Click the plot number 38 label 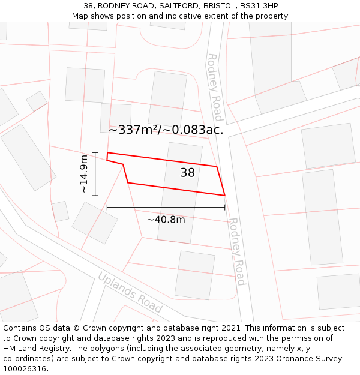click(187, 173)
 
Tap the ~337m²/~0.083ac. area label click(166, 130)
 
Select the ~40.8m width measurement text click(166, 220)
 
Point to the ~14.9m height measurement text click(83, 174)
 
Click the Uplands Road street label click(130, 292)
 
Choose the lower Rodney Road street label click(236, 251)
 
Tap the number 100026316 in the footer click(25, 369)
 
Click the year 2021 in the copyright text click(230, 328)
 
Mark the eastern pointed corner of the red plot click(224, 195)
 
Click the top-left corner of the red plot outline click(107, 153)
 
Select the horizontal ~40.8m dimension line click(166, 208)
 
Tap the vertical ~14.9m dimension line click(95, 174)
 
